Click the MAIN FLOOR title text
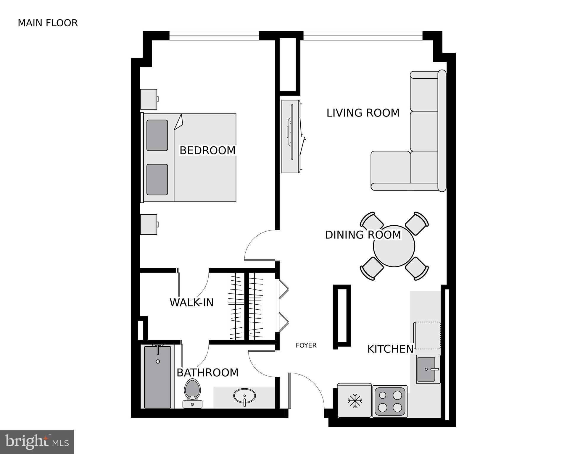(48, 23)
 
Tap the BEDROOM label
(207, 151)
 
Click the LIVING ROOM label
(363, 113)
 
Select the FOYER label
(306, 345)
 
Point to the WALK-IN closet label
(191, 303)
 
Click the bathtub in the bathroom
(157, 377)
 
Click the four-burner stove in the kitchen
(390, 401)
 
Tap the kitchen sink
(428, 369)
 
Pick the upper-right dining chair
(417, 223)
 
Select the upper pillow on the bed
(157, 135)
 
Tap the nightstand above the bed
(149, 99)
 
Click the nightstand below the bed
(149, 224)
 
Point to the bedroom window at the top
(214, 36)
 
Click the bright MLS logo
(37, 442)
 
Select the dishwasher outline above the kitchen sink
(427, 336)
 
